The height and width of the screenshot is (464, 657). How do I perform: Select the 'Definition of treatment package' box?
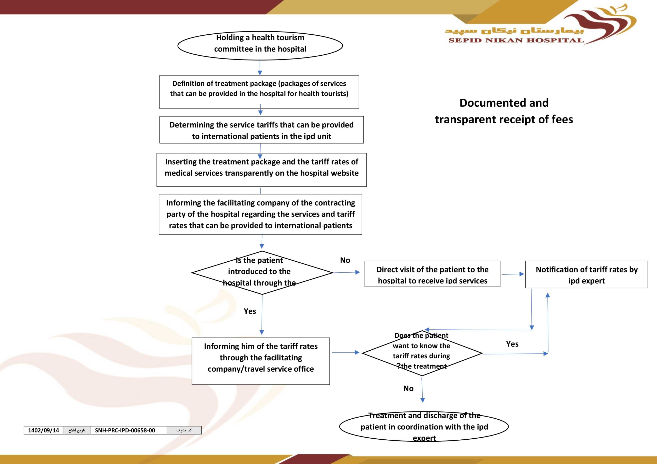259,92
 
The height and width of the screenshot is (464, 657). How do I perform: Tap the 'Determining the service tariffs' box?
262,130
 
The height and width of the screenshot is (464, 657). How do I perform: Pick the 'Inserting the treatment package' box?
262,170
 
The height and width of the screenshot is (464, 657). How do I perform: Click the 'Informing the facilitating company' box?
260,214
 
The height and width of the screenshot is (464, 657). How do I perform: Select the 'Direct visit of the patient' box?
432,274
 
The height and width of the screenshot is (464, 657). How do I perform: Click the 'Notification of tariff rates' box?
587,274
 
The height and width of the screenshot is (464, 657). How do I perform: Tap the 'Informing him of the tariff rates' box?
261,361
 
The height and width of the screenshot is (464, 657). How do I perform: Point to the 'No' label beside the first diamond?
345,260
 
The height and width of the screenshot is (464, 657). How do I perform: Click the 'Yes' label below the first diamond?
250,311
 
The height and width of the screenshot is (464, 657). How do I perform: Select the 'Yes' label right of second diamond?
512,344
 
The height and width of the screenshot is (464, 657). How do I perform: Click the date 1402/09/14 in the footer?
43,430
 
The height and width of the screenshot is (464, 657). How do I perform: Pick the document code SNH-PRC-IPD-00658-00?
125,430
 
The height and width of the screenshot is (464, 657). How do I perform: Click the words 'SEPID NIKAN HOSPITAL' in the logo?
516,40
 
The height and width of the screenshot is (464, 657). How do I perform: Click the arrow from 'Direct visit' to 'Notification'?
513,274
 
